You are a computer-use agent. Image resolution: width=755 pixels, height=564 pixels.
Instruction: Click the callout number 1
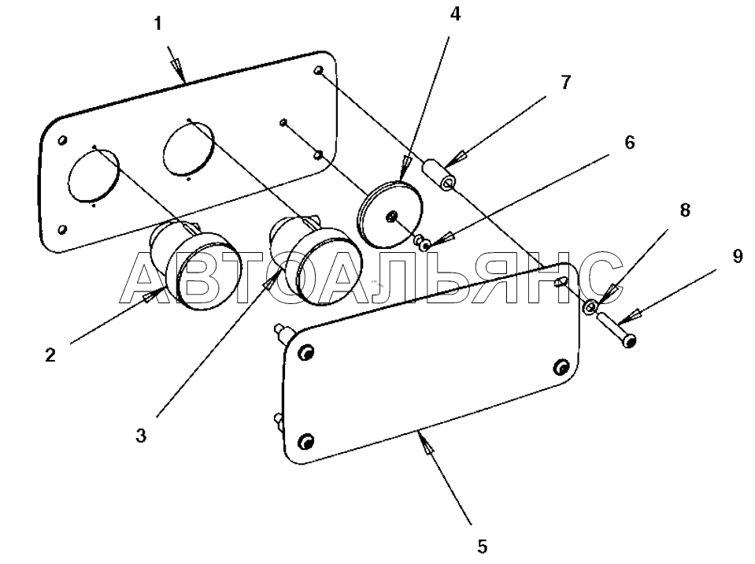click(158, 24)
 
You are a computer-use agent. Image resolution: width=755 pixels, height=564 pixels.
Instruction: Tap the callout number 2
click(50, 355)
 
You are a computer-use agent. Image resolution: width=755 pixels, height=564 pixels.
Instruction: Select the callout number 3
click(141, 436)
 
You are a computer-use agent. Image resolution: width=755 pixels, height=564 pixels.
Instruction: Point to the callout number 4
click(455, 14)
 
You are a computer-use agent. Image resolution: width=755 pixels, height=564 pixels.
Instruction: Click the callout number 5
click(482, 546)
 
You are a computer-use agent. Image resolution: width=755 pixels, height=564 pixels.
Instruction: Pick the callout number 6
click(629, 143)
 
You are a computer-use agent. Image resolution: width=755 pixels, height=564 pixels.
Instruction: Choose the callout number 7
click(566, 83)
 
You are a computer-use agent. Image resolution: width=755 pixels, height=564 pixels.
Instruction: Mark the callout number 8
click(685, 210)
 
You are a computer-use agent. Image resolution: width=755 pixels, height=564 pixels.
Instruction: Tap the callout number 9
click(738, 257)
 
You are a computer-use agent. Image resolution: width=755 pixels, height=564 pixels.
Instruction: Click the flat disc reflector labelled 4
click(390, 213)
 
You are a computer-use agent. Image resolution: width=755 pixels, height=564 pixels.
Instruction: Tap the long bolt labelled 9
click(616, 330)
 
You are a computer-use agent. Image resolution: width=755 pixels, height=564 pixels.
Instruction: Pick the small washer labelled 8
click(591, 307)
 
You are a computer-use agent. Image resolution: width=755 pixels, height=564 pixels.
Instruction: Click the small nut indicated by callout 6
click(422, 243)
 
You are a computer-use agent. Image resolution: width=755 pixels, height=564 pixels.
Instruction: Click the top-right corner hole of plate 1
click(318, 71)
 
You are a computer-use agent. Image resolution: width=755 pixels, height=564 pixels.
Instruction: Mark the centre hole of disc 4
click(391, 217)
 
